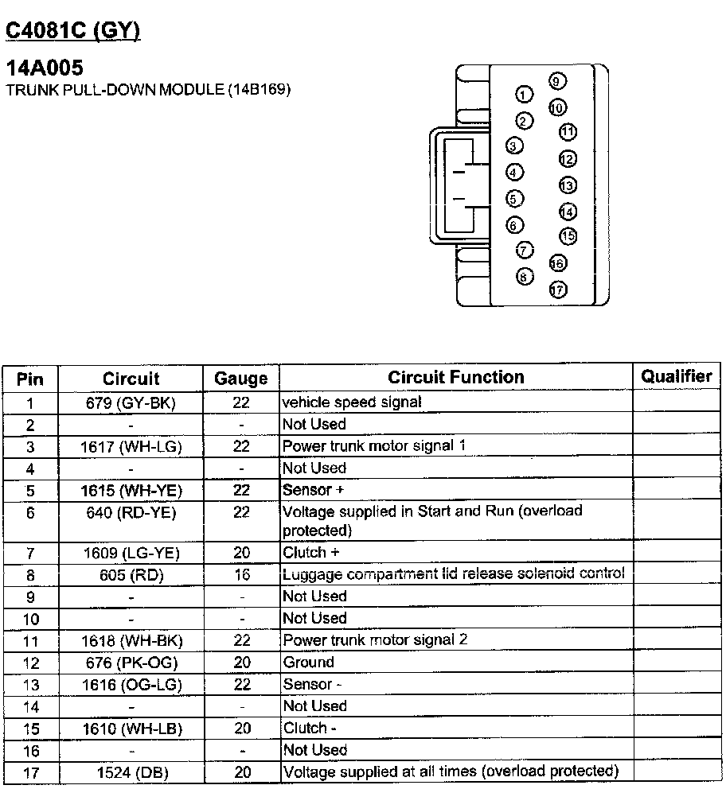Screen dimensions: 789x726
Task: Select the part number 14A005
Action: pyautogui.click(x=45, y=69)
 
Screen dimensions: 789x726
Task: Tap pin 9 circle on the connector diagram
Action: pyautogui.click(x=557, y=81)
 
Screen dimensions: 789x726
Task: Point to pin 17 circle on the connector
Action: pyautogui.click(x=558, y=290)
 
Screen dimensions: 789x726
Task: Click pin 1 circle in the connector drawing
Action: pyautogui.click(x=524, y=95)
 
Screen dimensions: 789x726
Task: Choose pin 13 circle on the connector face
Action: pyautogui.click(x=567, y=185)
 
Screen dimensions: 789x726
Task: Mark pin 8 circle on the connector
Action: pyautogui.click(x=525, y=277)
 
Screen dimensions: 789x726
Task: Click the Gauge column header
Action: pyautogui.click(x=241, y=379)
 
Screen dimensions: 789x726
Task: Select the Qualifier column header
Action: pyautogui.click(x=677, y=377)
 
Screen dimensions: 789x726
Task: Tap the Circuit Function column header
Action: pyautogui.click(x=456, y=377)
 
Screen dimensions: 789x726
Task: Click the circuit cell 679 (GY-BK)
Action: pyautogui.click(x=131, y=402)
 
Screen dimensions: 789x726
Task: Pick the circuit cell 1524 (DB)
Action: pyautogui.click(x=131, y=772)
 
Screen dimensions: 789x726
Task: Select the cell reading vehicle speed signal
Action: pyautogui.click(x=352, y=402)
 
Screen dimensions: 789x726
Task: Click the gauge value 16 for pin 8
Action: pyautogui.click(x=242, y=574)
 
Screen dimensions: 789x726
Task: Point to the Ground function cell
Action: pyautogui.click(x=309, y=662)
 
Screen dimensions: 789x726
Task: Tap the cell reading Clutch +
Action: pyautogui.click(x=305, y=552)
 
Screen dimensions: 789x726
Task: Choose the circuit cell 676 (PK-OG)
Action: pyautogui.click(x=131, y=663)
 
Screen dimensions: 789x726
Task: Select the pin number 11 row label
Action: pyautogui.click(x=30, y=640)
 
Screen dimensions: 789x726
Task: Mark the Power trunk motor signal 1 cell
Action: pyautogui.click(x=374, y=446)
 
